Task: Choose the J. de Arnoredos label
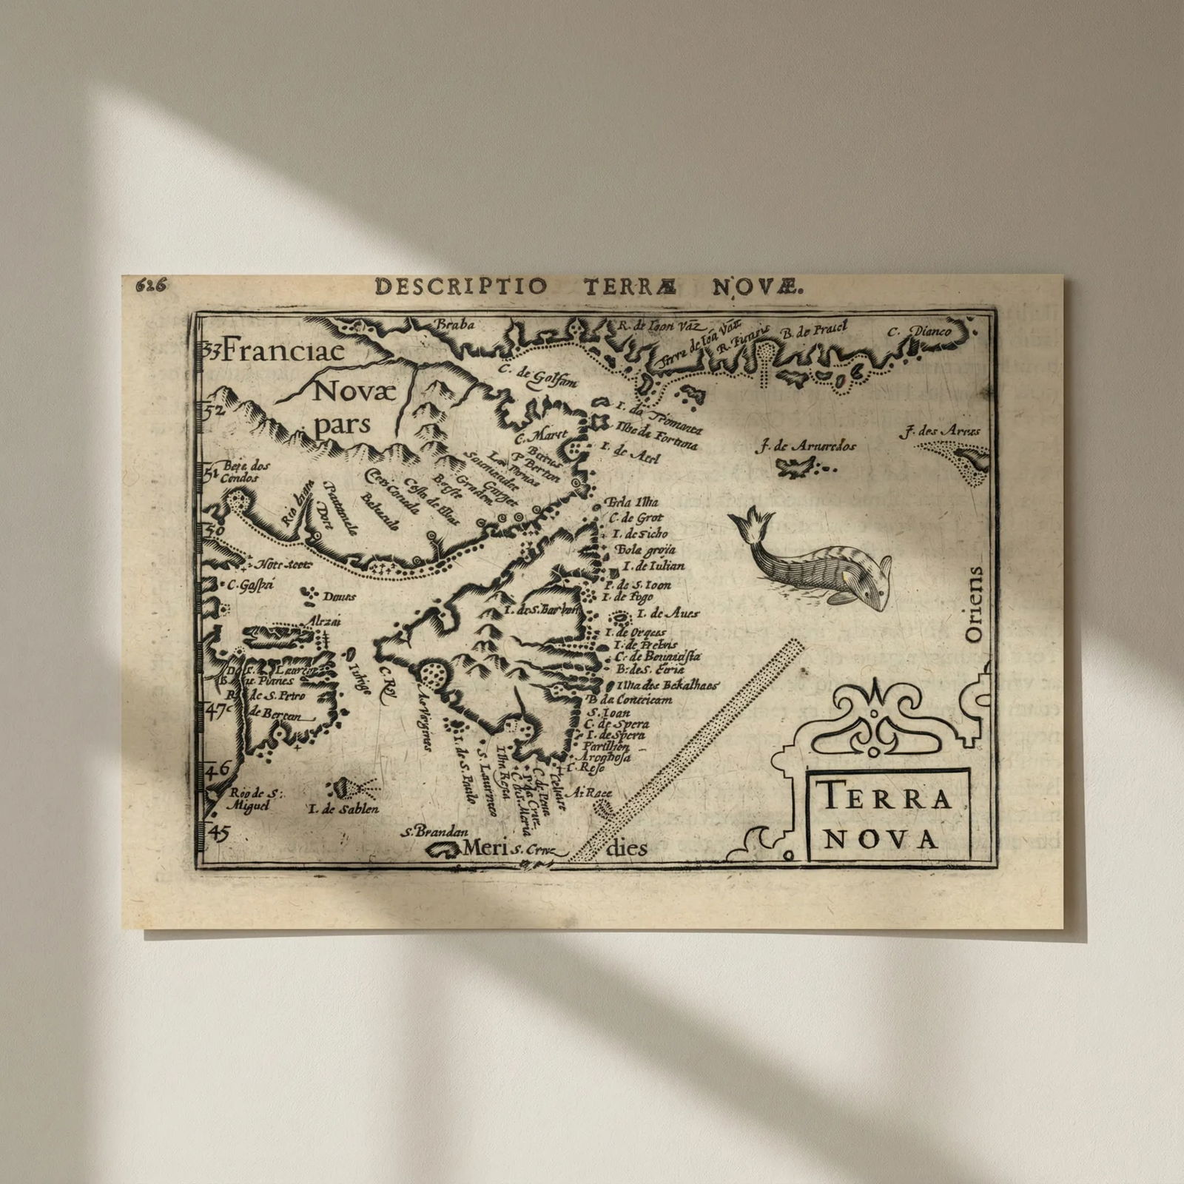pyautogui.click(x=807, y=446)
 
